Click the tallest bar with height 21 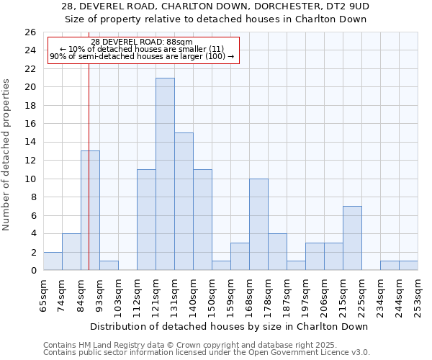pyautogui.click(x=165, y=174)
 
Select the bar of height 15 pyautogui.click(x=184, y=201)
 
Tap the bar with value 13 pyautogui.click(x=90, y=210)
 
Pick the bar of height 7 pyautogui.click(x=352, y=238)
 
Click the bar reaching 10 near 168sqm pyautogui.click(x=258, y=224)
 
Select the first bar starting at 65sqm pyautogui.click(x=53, y=261)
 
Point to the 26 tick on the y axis pyautogui.click(x=30, y=32)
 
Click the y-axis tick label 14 pyautogui.click(x=30, y=143)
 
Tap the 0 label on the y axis pyautogui.click(x=33, y=271)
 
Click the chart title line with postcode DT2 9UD pyautogui.click(x=215, y=6)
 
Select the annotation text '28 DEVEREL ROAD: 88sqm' pyautogui.click(x=142, y=42)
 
